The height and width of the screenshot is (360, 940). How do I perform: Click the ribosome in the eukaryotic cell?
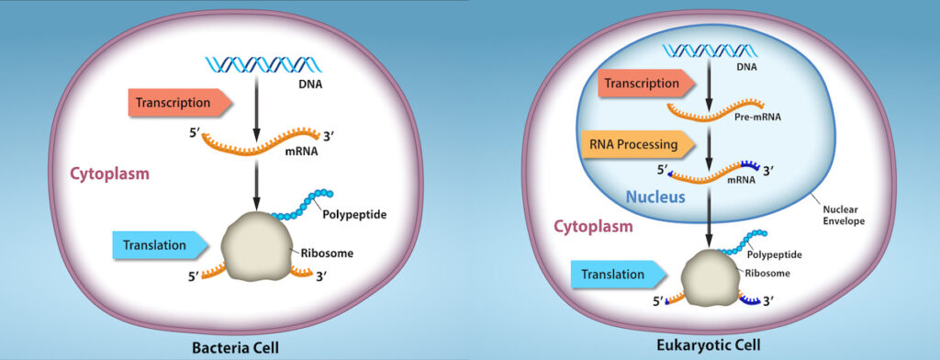tap(711, 279)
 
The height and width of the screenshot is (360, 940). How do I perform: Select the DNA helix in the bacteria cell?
tap(256, 63)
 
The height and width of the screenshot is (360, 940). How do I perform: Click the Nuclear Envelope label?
tap(841, 214)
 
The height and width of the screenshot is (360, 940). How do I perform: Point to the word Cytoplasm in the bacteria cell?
tap(110, 173)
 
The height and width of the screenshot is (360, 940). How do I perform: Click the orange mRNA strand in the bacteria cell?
tap(257, 141)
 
